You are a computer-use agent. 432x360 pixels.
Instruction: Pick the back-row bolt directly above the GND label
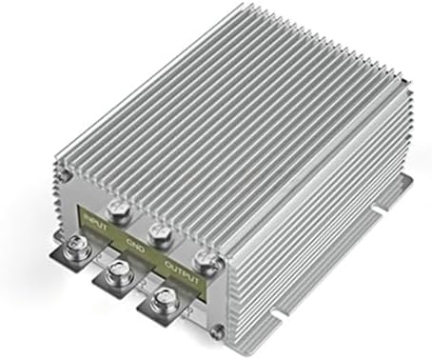coord(158,230)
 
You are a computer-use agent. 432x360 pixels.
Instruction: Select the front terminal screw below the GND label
coord(118,276)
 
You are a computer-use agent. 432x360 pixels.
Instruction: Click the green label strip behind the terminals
coord(143,238)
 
